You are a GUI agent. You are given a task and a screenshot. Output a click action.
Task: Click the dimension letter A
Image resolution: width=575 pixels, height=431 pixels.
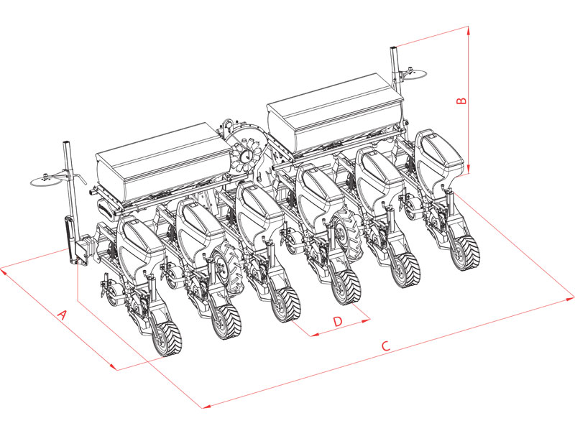pyautogui.click(x=62, y=315)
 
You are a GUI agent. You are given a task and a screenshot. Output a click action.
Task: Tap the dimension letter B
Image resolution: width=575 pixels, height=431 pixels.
pyautogui.click(x=463, y=101)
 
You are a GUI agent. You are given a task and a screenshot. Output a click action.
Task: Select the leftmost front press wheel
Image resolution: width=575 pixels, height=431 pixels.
pyautogui.click(x=167, y=338)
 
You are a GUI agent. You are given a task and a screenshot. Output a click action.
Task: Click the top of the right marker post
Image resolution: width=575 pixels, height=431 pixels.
pyautogui.click(x=393, y=50)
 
